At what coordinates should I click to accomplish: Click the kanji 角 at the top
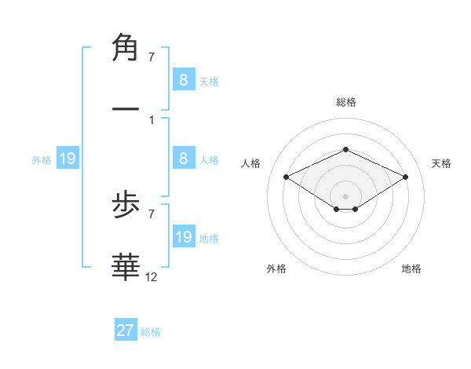coord(126,48)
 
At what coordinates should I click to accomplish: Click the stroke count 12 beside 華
coord(152,277)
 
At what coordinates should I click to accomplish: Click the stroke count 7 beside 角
coord(151,58)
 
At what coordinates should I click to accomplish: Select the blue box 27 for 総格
coord(126,331)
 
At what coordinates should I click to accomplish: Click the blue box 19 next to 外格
coord(68,159)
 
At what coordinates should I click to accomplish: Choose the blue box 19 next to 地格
coord(184,237)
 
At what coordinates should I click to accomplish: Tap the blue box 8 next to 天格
coord(184,79)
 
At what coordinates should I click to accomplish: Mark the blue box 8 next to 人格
coord(184,159)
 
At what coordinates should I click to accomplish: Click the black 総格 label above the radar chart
coord(345,102)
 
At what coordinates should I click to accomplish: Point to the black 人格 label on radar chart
coord(251,163)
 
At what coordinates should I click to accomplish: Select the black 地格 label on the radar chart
coord(411,269)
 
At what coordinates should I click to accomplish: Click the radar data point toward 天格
coord(406,177)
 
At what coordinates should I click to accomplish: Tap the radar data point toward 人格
coord(286,177)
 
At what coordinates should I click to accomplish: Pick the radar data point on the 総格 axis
coord(345,149)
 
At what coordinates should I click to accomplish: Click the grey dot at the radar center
coord(345,195)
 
